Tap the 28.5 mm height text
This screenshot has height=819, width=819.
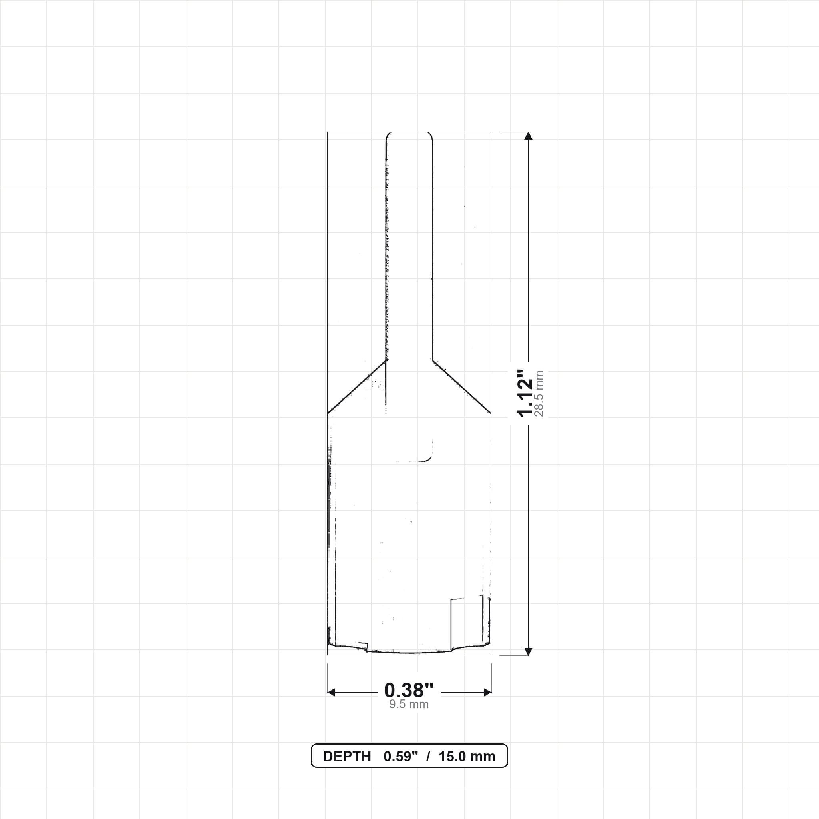(539, 394)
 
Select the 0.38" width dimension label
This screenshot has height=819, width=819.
(409, 691)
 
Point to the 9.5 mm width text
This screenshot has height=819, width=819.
(409, 704)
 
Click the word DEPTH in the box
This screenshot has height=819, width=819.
(347, 757)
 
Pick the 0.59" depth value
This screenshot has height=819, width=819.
(401, 757)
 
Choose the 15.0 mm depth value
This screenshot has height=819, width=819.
(467, 757)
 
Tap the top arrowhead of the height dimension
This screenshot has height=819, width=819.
(528, 136)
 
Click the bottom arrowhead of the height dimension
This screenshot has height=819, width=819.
(528, 651)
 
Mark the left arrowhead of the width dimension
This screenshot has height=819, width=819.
(332, 692)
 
